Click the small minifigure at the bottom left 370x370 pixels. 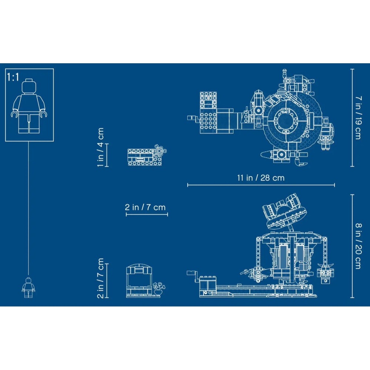pos(28,287)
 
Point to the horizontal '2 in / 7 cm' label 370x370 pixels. pos(145,207)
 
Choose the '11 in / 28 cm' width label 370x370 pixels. pos(260,178)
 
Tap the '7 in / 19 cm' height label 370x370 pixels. pos(357,118)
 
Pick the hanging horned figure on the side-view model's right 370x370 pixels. pos(326,273)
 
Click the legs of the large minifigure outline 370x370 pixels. pos(29,122)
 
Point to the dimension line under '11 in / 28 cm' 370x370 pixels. pos(260,185)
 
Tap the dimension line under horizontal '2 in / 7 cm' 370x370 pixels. pos(147,214)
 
